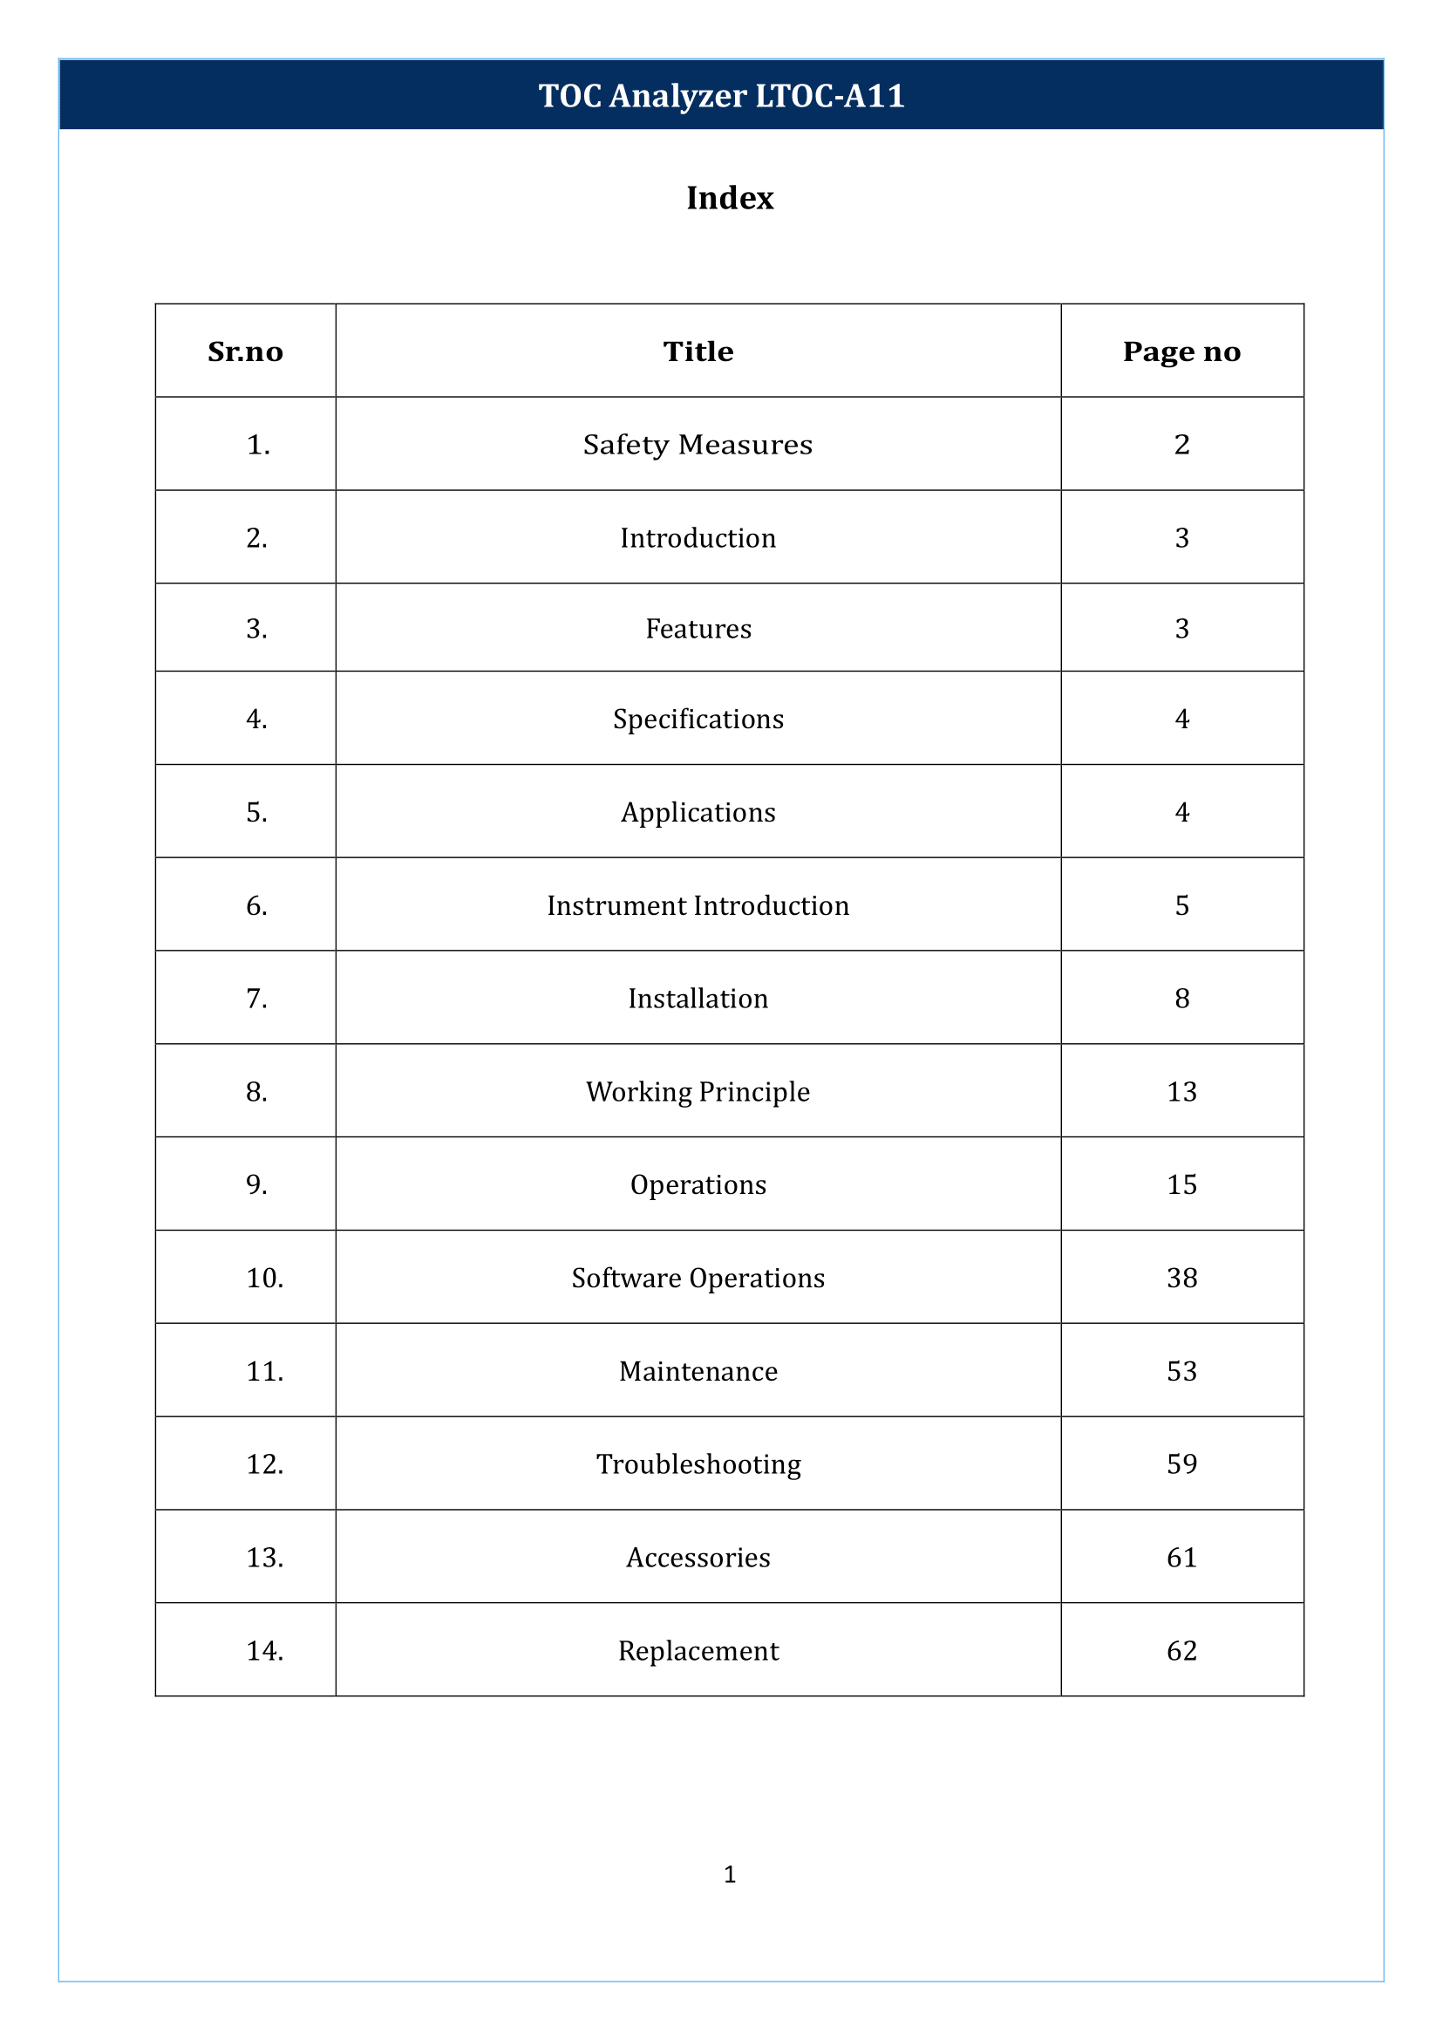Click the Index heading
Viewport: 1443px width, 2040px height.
click(730, 197)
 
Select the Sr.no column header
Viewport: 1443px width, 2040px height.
click(245, 351)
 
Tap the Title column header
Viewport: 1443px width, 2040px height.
click(698, 351)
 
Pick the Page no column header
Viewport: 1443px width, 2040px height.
click(1181, 351)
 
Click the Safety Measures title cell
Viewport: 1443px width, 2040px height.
click(698, 445)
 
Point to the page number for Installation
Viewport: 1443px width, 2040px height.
click(1181, 999)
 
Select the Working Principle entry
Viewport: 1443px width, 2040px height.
click(698, 1092)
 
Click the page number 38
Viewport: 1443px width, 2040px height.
click(1181, 1278)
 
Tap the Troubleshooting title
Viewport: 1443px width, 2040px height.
click(698, 1464)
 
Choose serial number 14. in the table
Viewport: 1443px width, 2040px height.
click(265, 1651)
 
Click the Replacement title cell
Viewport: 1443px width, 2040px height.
click(698, 1651)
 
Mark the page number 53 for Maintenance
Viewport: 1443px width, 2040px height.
click(1181, 1371)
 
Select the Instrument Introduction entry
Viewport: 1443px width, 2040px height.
click(698, 905)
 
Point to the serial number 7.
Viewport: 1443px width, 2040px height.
click(257, 999)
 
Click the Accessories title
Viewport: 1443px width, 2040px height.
click(698, 1558)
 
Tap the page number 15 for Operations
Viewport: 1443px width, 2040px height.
click(1181, 1184)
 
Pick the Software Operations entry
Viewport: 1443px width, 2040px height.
click(698, 1278)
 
